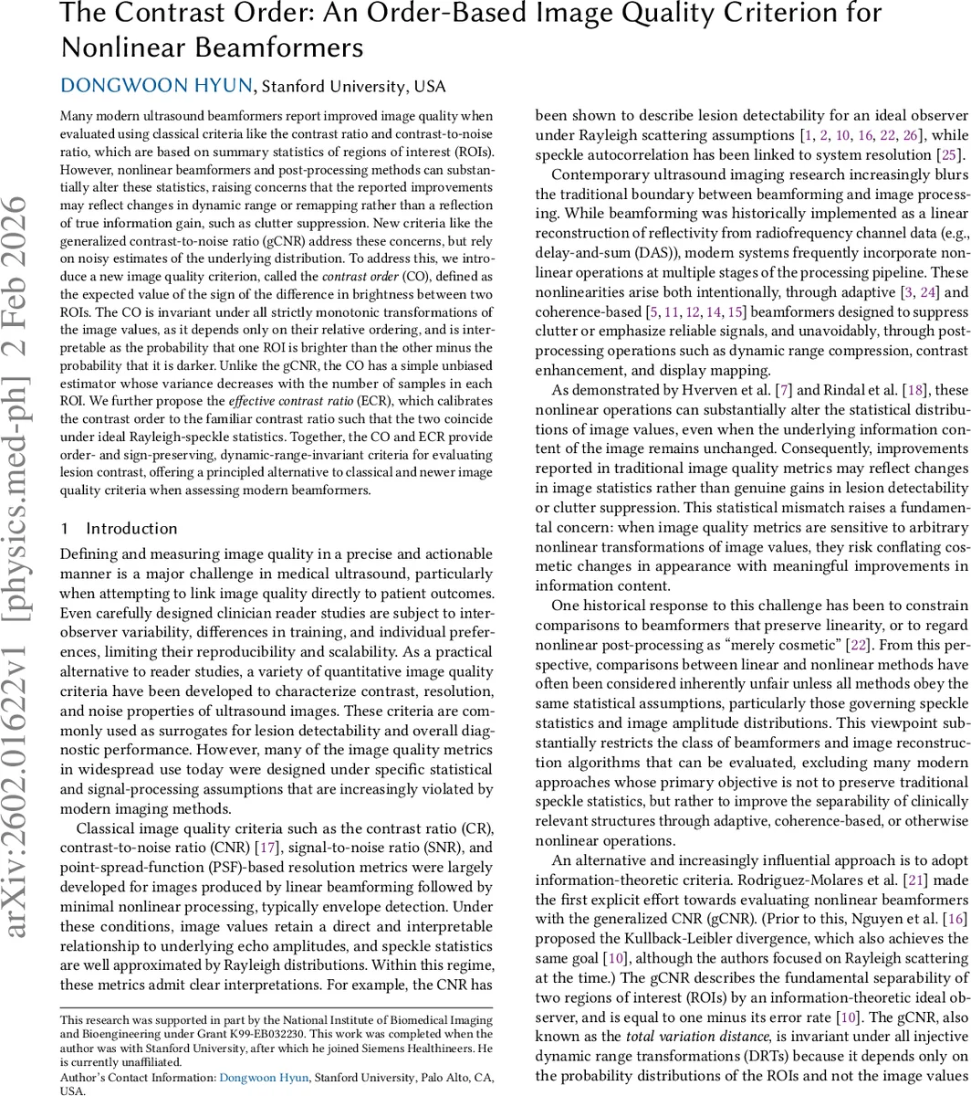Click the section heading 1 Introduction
[x=119, y=529]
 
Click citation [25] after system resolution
[x=947, y=153]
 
